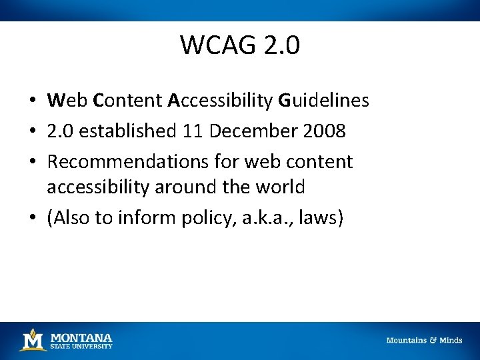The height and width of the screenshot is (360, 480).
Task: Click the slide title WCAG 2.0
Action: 240,45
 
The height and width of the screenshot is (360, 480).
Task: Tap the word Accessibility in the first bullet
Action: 220,101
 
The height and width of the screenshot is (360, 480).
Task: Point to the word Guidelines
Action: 323,101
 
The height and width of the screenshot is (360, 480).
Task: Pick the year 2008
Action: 323,131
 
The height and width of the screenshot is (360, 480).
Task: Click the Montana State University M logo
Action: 32,340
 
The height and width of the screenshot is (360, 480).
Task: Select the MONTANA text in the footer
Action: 81,337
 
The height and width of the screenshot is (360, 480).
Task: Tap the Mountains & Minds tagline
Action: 424,340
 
